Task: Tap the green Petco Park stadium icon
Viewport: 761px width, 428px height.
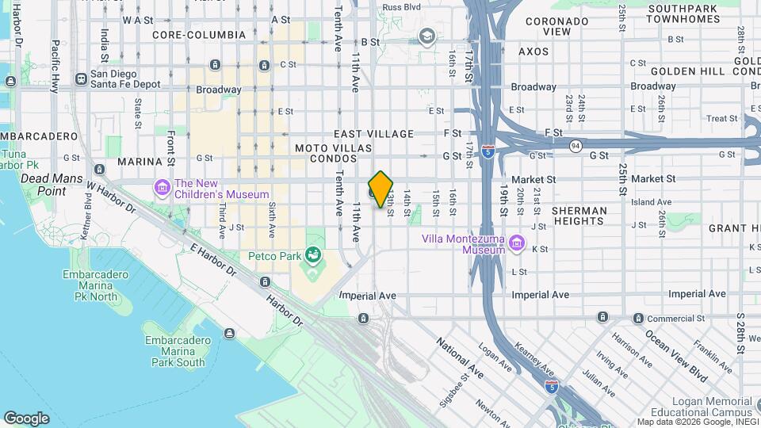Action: (314, 254)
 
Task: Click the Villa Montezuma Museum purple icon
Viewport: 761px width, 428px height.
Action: (517, 243)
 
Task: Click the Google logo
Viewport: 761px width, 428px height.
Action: (26, 418)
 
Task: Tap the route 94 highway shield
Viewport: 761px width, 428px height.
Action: (573, 146)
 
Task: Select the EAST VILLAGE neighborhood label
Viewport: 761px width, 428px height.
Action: (375, 134)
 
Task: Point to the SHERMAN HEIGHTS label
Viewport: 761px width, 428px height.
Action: (579, 216)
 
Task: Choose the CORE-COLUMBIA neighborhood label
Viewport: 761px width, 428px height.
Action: (199, 35)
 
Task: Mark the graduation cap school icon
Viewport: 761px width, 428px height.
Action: (427, 36)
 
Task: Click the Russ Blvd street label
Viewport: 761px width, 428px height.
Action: (401, 7)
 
